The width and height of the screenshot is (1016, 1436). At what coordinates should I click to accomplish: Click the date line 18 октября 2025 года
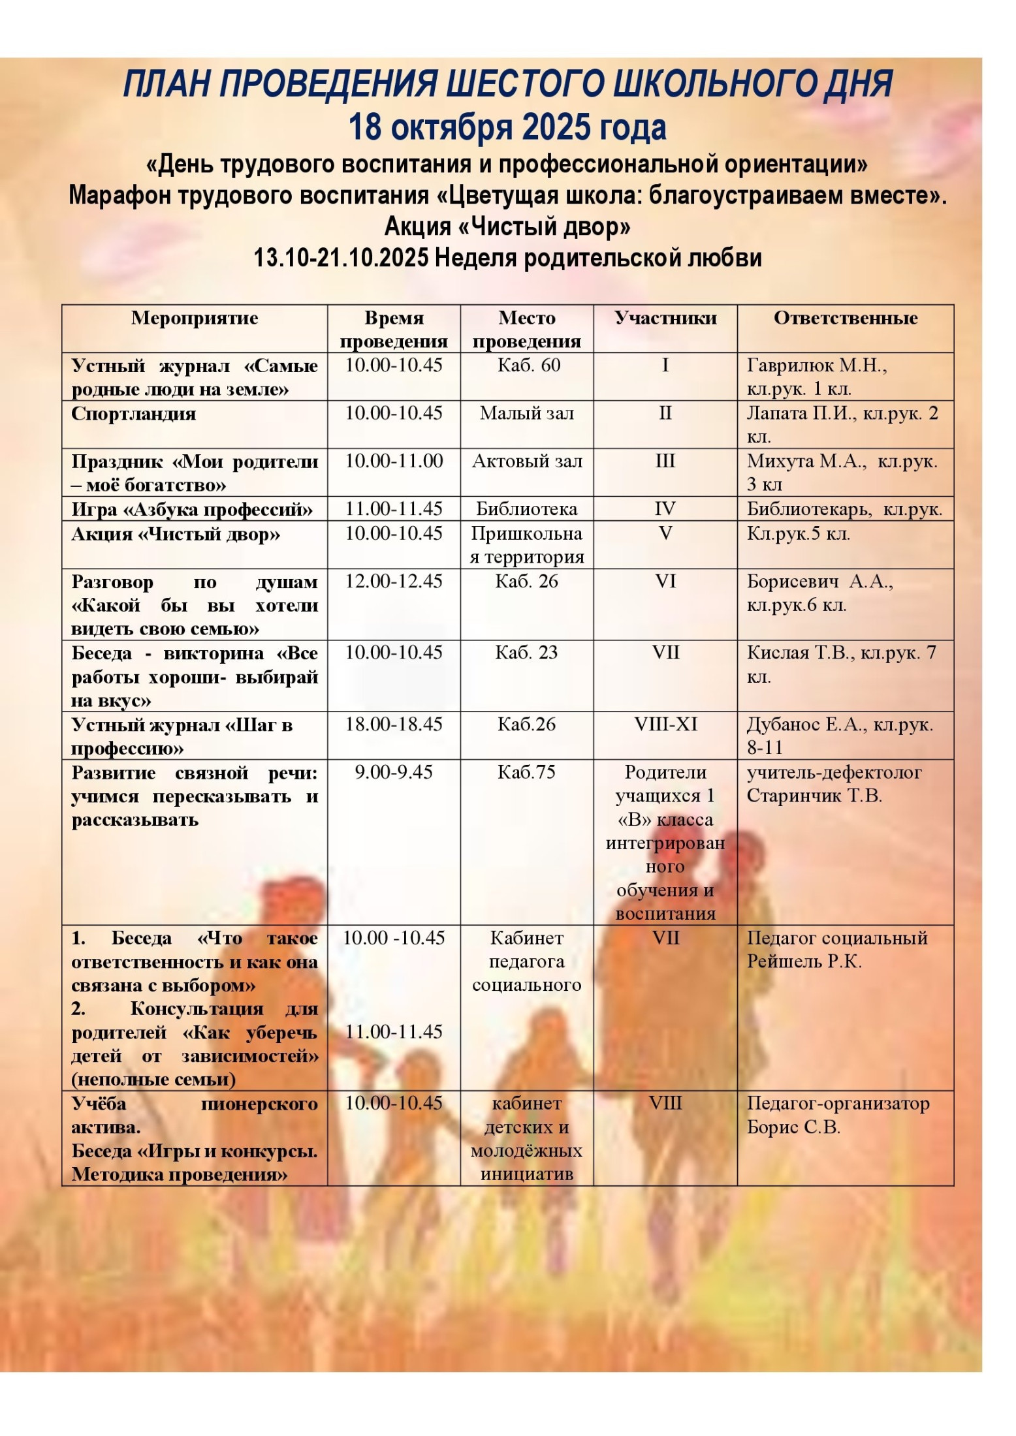(507, 127)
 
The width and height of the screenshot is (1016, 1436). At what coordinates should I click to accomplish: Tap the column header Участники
(665, 318)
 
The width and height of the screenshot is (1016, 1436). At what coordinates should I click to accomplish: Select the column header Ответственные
(845, 318)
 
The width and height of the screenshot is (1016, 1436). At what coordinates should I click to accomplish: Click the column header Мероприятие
(195, 318)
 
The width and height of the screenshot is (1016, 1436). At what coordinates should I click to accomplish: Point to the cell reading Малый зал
(526, 413)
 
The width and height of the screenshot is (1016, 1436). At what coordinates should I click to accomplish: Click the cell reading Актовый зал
(526, 461)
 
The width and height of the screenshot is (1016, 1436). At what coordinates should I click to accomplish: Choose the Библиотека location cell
(526, 509)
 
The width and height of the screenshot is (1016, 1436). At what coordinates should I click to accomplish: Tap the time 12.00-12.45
(394, 581)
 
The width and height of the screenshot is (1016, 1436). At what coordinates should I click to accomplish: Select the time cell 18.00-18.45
(394, 724)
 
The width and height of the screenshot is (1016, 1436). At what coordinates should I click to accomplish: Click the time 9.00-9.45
(394, 772)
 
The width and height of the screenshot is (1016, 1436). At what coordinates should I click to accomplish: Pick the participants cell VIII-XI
(665, 724)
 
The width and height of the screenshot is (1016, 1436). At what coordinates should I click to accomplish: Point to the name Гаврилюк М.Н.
(817, 366)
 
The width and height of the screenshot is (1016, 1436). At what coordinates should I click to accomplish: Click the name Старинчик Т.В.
(814, 796)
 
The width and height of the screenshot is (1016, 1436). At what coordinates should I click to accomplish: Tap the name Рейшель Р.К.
(804, 961)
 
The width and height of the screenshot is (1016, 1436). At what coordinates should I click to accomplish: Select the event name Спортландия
(133, 414)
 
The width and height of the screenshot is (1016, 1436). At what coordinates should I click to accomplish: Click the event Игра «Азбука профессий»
(192, 509)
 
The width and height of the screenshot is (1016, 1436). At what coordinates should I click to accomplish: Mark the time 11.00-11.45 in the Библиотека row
(394, 509)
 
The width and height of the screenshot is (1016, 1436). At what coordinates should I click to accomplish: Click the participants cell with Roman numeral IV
(665, 509)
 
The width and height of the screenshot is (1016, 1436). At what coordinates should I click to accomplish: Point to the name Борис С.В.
(793, 1127)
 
